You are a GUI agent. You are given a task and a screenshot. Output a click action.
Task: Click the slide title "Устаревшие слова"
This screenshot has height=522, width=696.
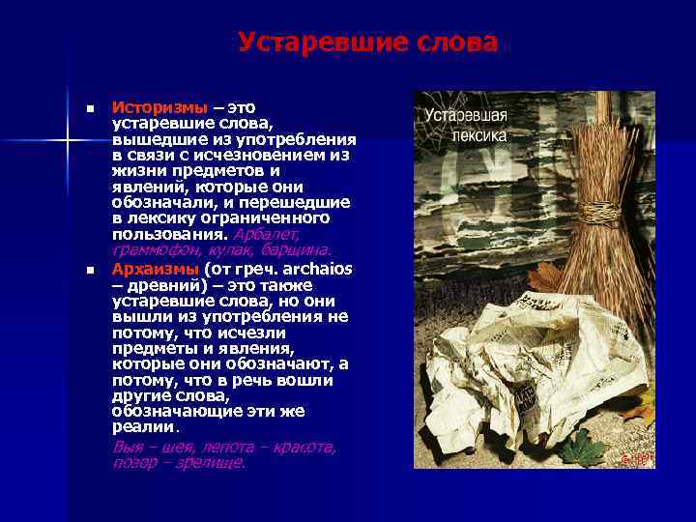coord(368,43)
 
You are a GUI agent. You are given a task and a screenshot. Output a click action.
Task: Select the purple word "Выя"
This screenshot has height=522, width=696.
coord(128,447)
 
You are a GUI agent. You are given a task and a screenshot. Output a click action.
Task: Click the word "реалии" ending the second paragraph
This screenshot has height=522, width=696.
coord(143,426)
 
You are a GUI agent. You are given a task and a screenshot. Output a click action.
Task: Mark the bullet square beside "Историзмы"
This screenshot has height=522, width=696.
coord(89,107)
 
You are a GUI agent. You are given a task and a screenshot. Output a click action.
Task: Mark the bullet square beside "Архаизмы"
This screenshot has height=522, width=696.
coord(89,269)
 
